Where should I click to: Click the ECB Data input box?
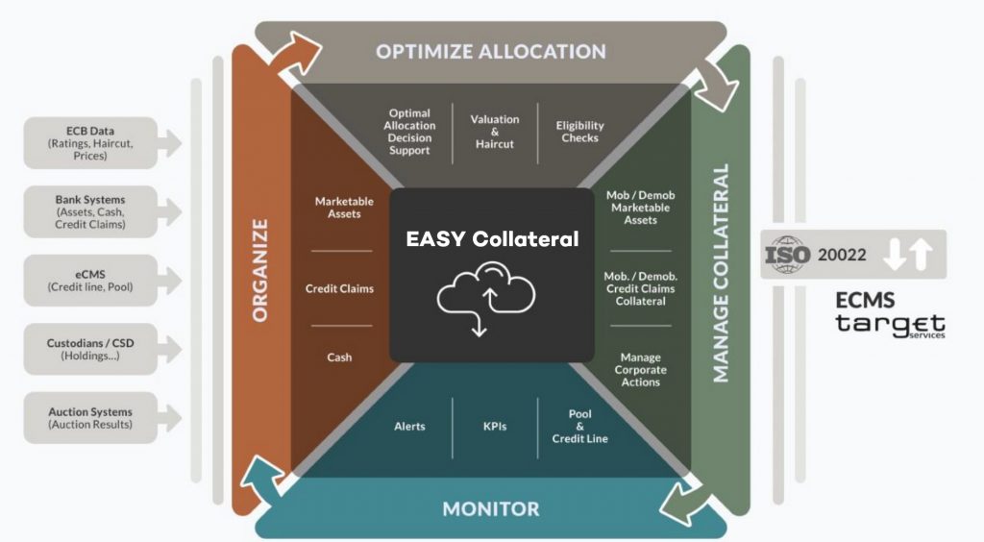pos(89,143)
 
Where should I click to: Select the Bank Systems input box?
pos(89,212)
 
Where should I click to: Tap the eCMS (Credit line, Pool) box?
pos(89,281)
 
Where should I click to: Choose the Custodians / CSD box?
pos(89,349)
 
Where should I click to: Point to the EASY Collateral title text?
pos(491,239)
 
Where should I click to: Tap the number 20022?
pos(844,255)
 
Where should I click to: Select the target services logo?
pos(890,326)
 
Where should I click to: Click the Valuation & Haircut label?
pos(495,132)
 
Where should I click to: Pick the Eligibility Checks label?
pos(579,132)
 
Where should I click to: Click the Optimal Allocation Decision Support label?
pos(409,132)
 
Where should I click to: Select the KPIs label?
pos(495,426)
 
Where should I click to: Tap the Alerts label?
pos(409,426)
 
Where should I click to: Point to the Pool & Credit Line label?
pos(579,426)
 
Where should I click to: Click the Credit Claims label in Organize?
pos(339,288)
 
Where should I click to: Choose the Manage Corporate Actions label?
pos(640,370)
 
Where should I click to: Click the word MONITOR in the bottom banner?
pos(490,508)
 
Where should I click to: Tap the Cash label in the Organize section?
pos(339,357)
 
